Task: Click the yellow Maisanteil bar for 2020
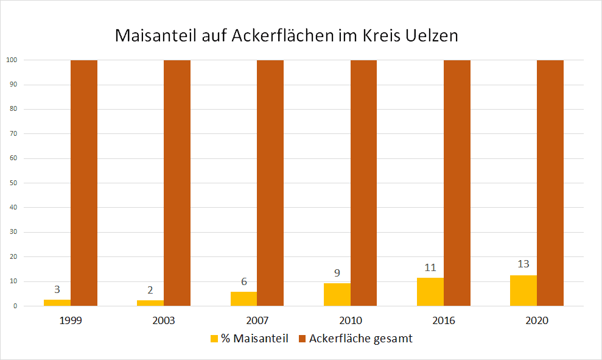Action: pos(523,291)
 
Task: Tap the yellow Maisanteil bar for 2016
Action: pos(430,292)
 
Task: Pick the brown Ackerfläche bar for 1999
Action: pos(84,183)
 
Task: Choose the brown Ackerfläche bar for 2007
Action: pos(270,183)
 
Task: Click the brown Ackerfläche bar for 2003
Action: pos(177,183)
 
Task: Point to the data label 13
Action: pos(523,264)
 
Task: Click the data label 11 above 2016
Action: pos(430,267)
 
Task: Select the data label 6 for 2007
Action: pos(243,281)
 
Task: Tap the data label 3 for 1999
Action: pos(57,289)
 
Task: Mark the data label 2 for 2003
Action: pos(150,291)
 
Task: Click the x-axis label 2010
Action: pos(350,320)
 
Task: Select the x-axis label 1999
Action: pos(71,320)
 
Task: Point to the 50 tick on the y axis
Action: pos(12,183)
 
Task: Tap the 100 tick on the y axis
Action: pos(10,60)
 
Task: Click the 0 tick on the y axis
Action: pos(13,306)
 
